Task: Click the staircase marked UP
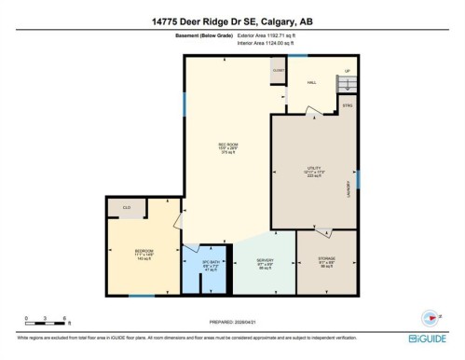point(346,83)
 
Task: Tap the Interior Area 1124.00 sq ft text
point(272,42)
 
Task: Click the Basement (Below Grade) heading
point(202,35)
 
